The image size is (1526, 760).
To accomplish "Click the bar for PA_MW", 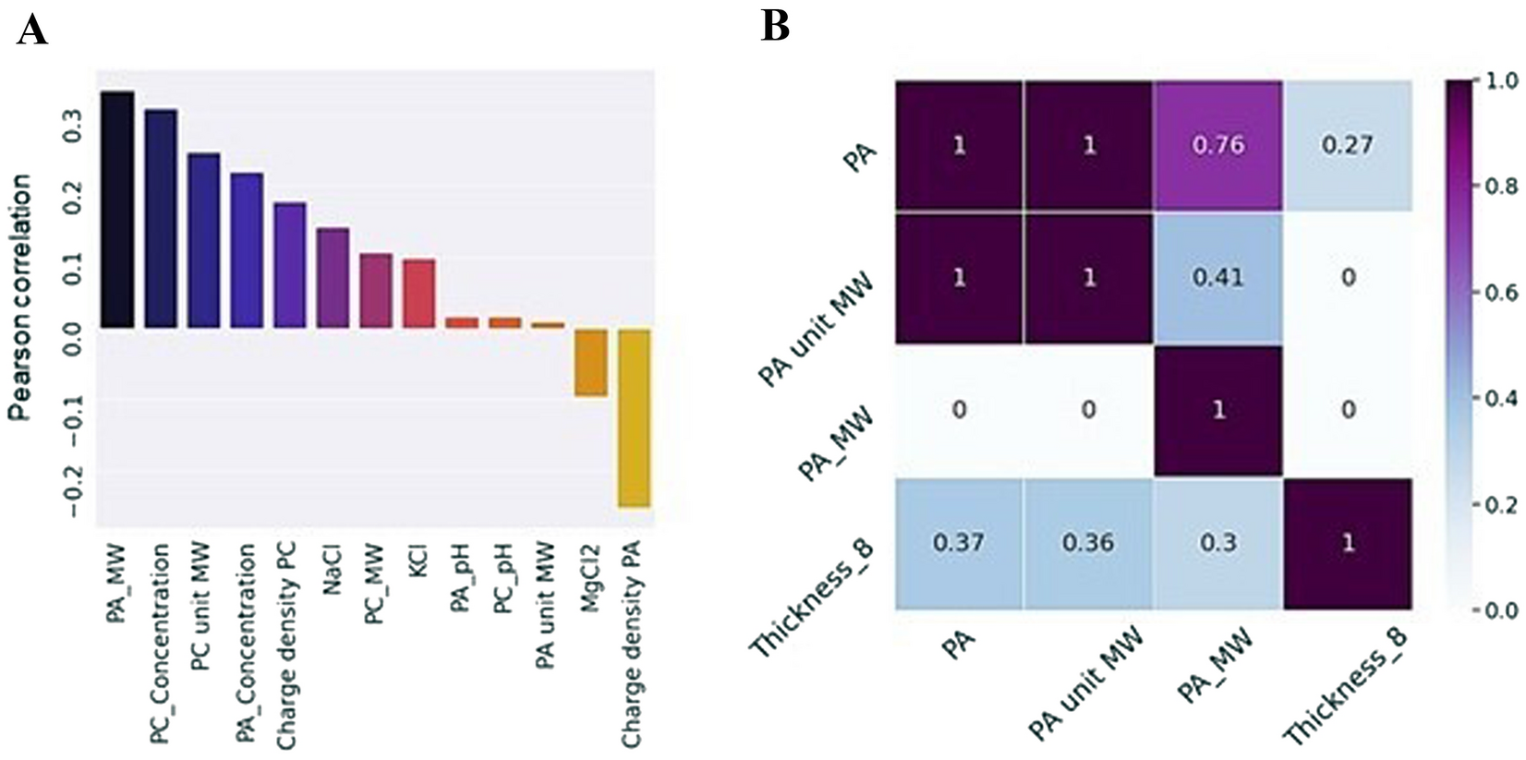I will [117, 210].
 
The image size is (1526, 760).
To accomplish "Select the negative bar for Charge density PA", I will [634, 417].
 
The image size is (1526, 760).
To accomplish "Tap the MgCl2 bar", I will [590, 362].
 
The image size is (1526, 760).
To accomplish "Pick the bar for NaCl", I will [333, 278].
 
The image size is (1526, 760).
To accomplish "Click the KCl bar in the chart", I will [418, 294].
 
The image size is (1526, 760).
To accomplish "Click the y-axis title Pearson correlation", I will [20, 297].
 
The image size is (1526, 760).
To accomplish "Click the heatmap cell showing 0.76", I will [1217, 146].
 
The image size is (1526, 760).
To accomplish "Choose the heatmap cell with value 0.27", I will [1347, 146].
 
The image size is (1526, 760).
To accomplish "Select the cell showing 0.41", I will [1217, 278].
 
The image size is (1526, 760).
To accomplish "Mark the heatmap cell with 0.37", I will [959, 543].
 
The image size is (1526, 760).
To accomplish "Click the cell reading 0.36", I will [1088, 543].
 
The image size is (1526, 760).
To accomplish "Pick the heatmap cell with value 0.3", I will [1217, 543].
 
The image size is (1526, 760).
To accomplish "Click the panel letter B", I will [774, 26].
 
